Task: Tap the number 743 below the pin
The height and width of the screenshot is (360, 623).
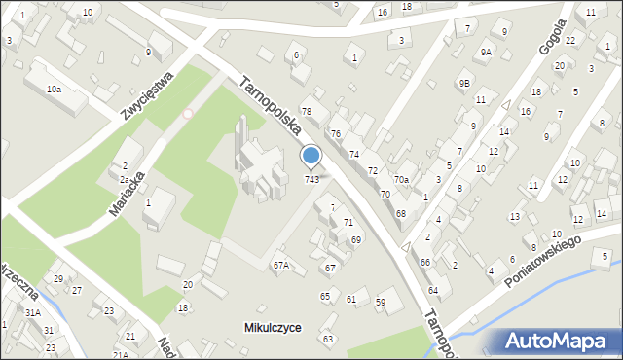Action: tap(311, 179)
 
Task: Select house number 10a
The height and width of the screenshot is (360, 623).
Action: tap(54, 89)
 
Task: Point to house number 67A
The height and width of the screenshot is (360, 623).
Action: tap(281, 265)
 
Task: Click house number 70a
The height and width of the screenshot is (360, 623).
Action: tap(401, 180)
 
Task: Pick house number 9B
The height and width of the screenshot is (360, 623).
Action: tap(465, 84)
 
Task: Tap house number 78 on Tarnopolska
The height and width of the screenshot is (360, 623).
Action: tap(307, 112)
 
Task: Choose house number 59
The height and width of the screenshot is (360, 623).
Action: tap(381, 303)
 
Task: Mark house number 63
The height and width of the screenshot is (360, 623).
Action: tap(328, 339)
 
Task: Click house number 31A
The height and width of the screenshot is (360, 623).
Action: tap(33, 312)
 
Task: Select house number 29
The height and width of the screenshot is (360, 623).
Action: tap(58, 279)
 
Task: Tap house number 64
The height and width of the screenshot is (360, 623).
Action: tap(432, 291)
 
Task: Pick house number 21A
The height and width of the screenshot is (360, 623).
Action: tap(120, 355)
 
